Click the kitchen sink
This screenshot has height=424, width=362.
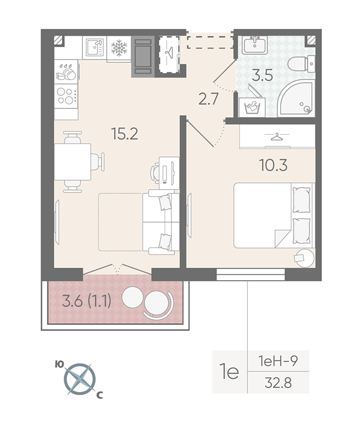point(95,48)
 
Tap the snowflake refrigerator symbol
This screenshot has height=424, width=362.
point(119,48)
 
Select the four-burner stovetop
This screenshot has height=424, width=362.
point(66,96)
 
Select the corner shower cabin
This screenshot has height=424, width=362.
point(297,99)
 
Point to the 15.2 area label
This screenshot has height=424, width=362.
point(125,134)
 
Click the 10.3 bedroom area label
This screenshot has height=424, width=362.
point(273,165)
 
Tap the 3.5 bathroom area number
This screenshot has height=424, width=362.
point(262,75)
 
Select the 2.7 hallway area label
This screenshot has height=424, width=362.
point(209,99)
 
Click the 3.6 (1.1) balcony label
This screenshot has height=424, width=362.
point(87,301)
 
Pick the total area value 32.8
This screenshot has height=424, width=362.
point(278,383)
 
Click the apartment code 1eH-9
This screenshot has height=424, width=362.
point(278,361)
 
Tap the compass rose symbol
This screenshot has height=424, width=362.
point(80,378)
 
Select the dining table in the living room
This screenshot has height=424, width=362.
point(73,162)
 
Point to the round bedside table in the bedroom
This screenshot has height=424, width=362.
point(305,258)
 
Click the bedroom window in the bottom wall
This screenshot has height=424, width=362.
point(251,274)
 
